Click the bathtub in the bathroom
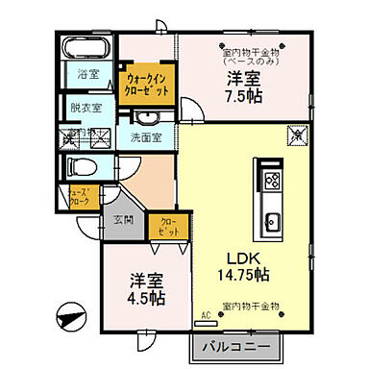[89, 49]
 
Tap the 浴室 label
[89, 72]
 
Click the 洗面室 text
[151, 136]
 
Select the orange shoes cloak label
[80, 198]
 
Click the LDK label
[242, 257]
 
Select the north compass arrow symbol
[70, 314]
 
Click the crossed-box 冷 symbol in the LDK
[299, 135]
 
